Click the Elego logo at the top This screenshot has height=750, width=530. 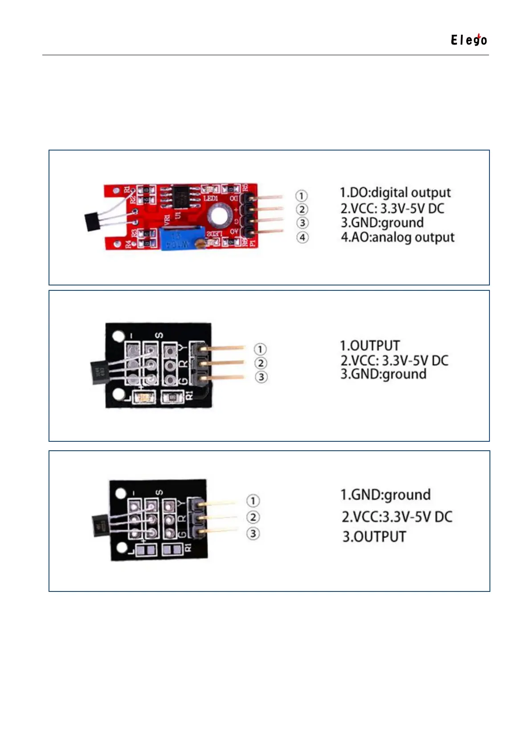point(469,40)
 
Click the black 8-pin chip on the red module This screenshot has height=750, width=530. point(181,196)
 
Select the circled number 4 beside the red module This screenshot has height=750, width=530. point(302,237)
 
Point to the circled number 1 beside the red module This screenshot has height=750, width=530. point(302,196)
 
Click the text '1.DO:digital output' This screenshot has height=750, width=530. point(395,193)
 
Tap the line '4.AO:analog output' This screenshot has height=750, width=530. point(397,237)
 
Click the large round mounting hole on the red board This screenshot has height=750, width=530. point(219,215)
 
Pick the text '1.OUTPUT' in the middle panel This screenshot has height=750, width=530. point(370,346)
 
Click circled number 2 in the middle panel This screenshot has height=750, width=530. point(261,363)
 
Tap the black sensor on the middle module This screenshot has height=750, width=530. point(98,373)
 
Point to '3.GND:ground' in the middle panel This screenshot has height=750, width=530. point(383,374)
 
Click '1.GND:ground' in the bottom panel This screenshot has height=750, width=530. point(385,494)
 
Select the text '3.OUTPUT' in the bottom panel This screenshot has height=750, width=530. point(374,537)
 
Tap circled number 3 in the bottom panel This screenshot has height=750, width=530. point(253,533)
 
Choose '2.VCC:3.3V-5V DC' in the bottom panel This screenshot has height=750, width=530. point(397,517)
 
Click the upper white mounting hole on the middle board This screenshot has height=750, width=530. point(118,337)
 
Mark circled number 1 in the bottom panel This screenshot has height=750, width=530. point(253,501)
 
